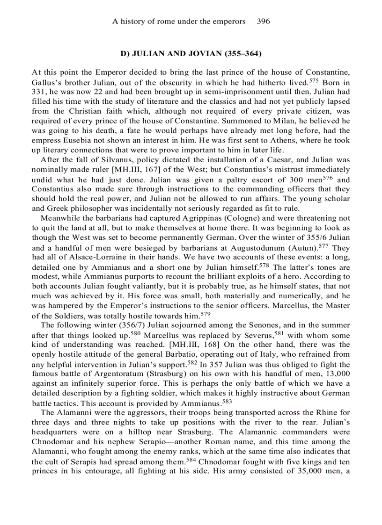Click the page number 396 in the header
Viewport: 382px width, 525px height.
pos(264,21)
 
